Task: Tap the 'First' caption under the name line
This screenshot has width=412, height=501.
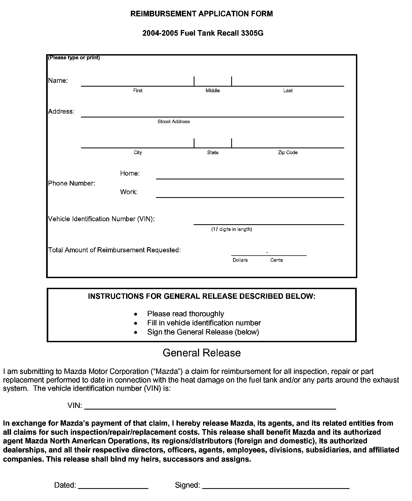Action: (x=138, y=91)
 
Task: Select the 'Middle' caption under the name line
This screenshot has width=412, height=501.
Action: (x=213, y=91)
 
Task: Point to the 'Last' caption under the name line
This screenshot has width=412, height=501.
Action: (x=288, y=91)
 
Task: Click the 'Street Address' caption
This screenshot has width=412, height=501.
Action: (x=174, y=121)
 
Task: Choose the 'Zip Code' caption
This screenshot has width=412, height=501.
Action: (x=288, y=152)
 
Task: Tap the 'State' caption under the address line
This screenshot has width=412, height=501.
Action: (x=213, y=152)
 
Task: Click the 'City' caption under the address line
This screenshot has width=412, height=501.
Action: (x=138, y=152)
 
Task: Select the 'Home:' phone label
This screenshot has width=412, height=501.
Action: (x=130, y=174)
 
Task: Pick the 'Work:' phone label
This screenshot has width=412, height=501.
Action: (x=129, y=192)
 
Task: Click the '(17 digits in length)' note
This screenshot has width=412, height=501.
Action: (x=231, y=229)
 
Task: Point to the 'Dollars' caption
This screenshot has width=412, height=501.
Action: (x=240, y=260)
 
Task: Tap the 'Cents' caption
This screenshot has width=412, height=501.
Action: (x=277, y=260)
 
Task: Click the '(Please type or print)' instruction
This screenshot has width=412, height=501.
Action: (x=74, y=58)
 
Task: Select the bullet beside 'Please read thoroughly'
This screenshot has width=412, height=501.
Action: (x=136, y=314)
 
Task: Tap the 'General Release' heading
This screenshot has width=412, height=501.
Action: (x=202, y=353)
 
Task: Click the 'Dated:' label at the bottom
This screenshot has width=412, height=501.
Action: (x=65, y=485)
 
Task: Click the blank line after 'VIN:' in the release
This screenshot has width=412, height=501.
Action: (x=210, y=408)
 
